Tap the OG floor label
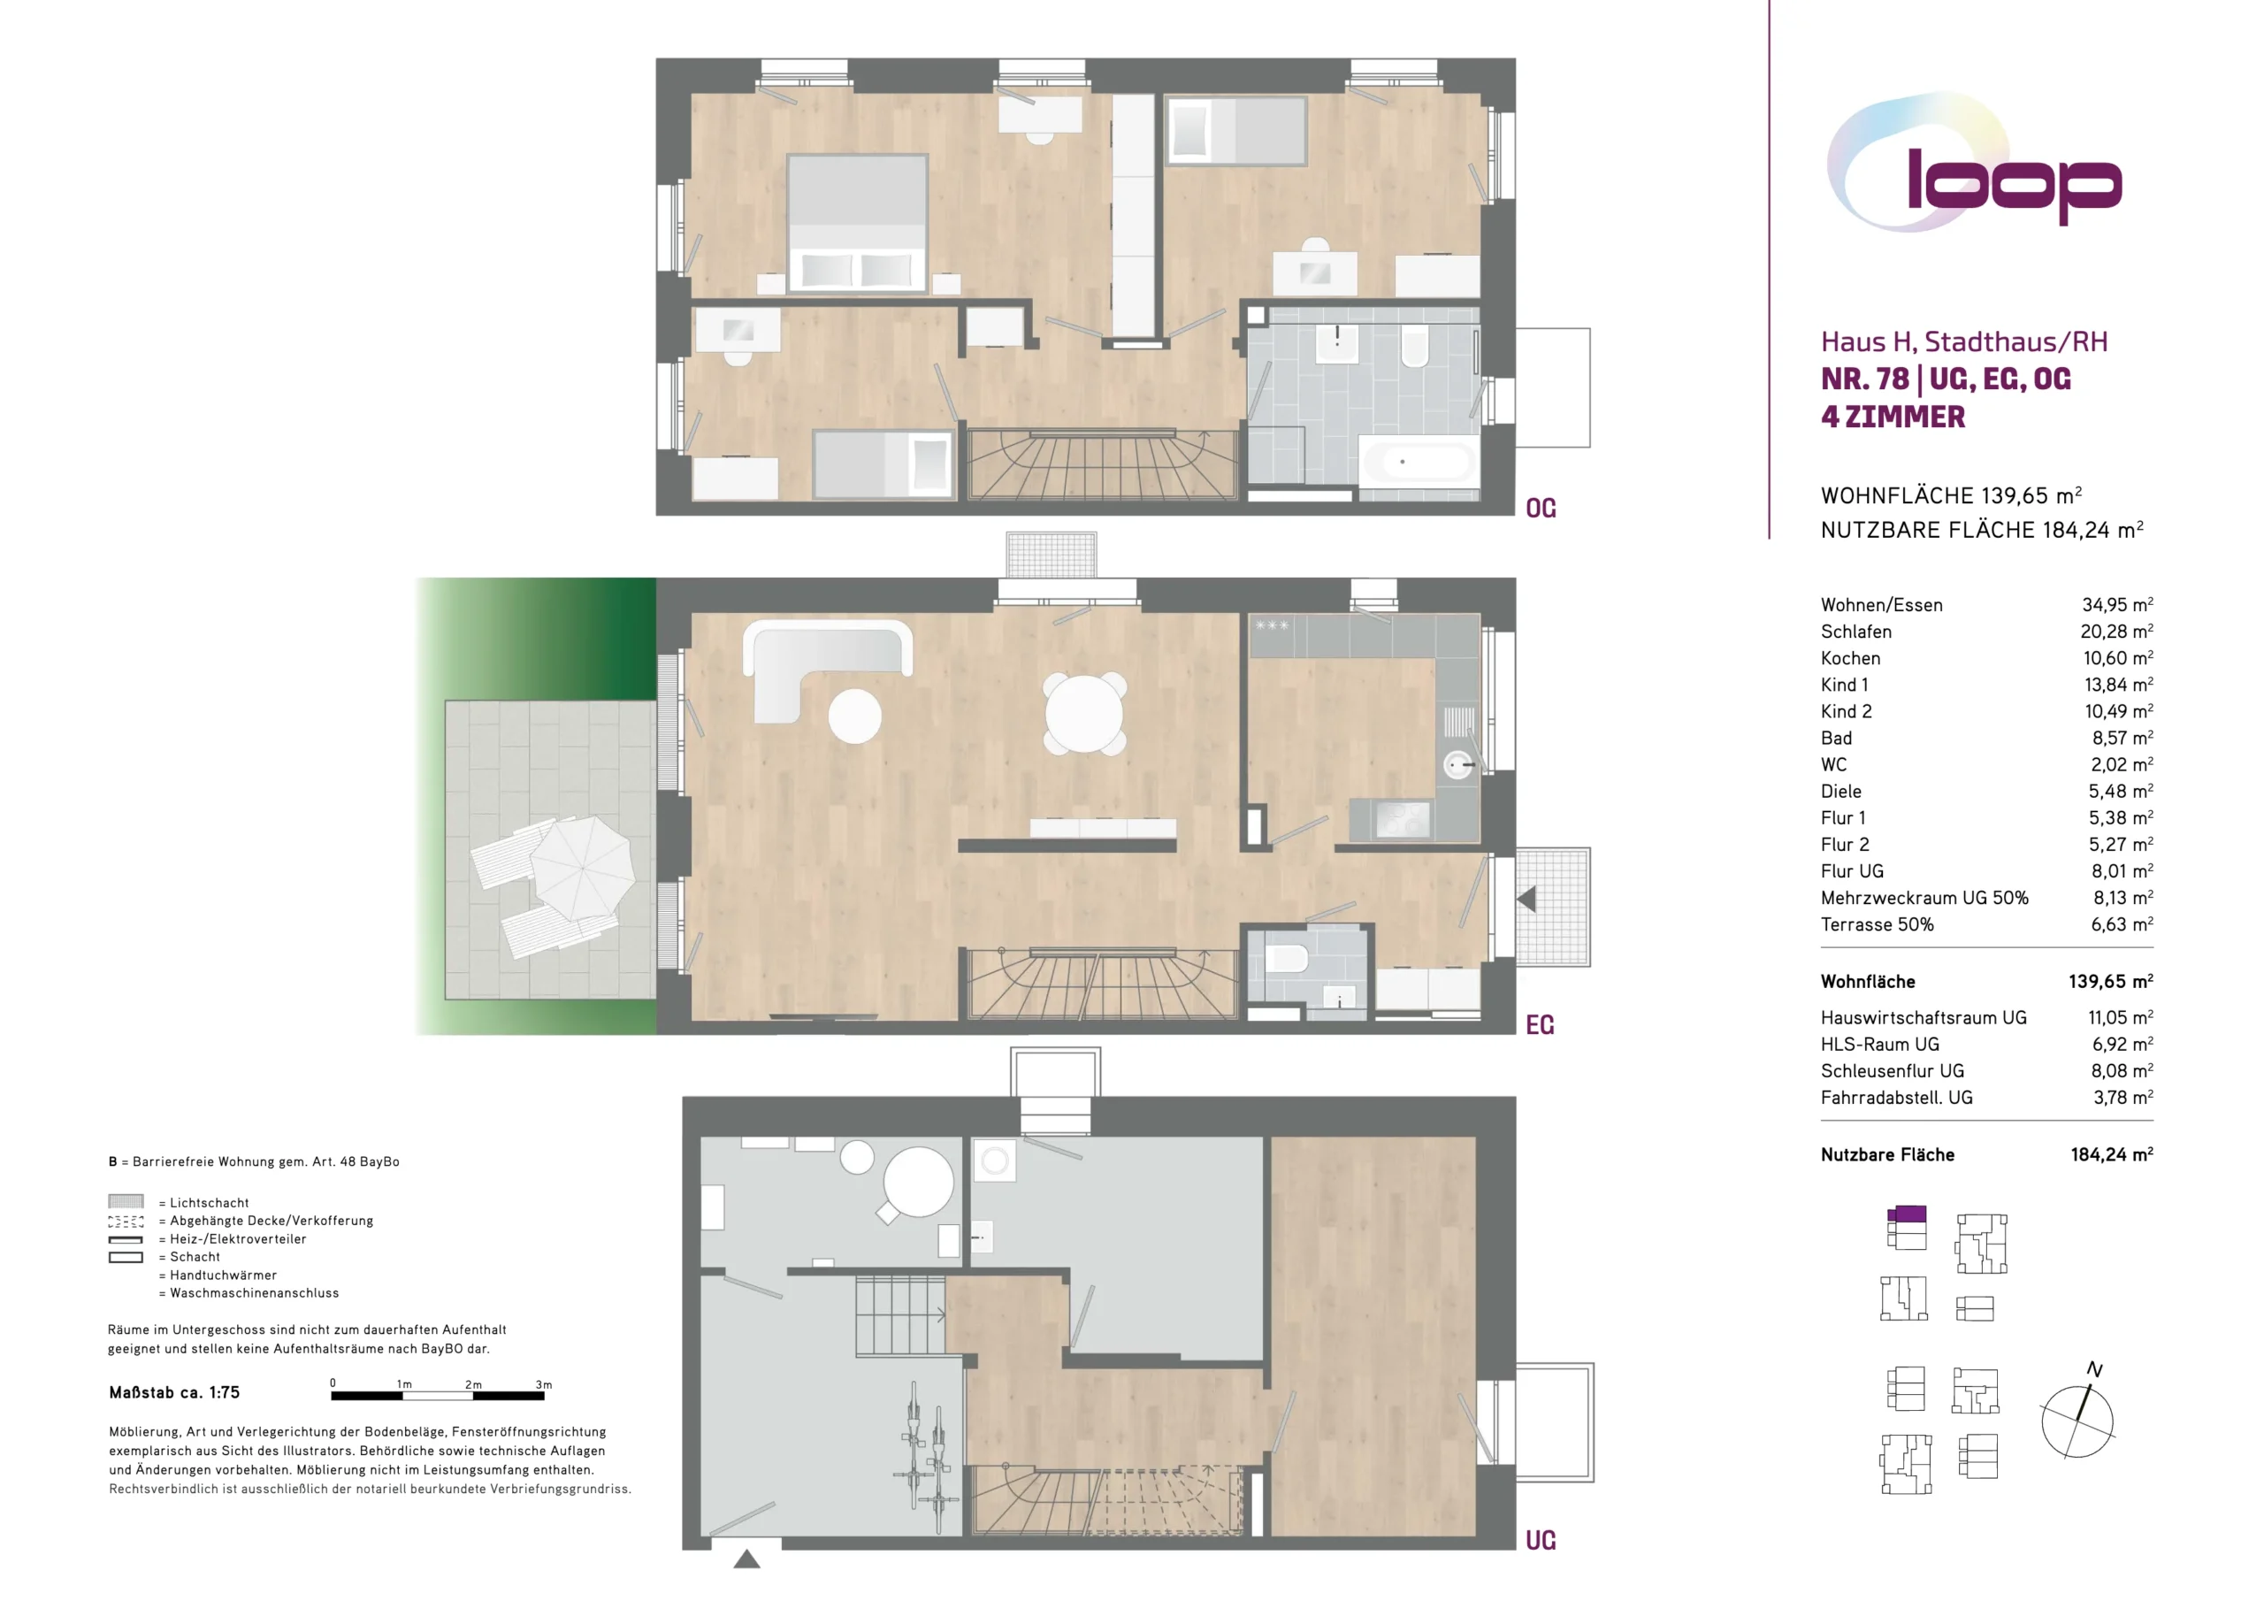coord(1541,509)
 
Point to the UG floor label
coord(1541,1541)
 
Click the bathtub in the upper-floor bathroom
coord(1418,462)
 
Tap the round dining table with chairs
coord(1083,713)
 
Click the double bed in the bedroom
coord(857,224)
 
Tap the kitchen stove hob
coord(1403,819)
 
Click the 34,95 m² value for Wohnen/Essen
coord(2117,605)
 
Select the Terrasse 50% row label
coord(1878,925)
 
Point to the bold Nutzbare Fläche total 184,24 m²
coord(2112,1155)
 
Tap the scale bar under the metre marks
coord(438,1396)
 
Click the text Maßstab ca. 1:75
coord(174,1393)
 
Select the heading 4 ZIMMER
coord(1893,417)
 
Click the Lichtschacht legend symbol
coord(126,1201)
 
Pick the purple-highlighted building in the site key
coord(1907,1214)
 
